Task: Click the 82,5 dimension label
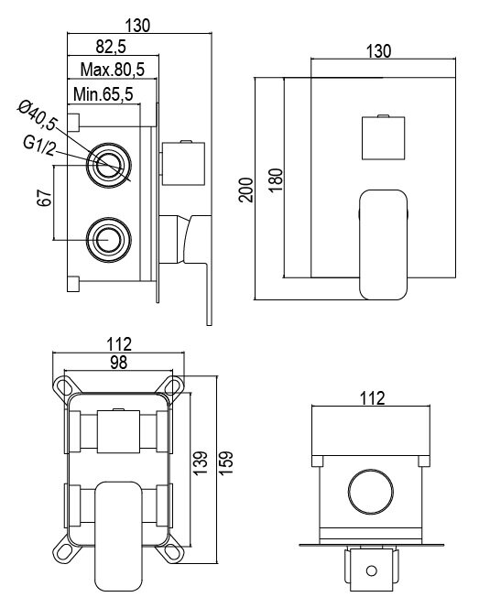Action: pyautogui.click(x=111, y=47)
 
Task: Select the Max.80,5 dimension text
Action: pyautogui.click(x=113, y=70)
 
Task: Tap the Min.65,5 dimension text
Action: pyautogui.click(x=103, y=94)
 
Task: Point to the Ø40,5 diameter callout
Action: pyautogui.click(x=38, y=114)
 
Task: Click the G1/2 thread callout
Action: pyautogui.click(x=39, y=146)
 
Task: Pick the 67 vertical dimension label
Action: pyautogui.click(x=44, y=198)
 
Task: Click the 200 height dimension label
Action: pyautogui.click(x=245, y=190)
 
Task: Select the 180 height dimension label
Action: pyautogui.click(x=276, y=179)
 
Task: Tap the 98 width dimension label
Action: pyautogui.click(x=118, y=363)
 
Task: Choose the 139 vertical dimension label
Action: pyautogui.click(x=201, y=463)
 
